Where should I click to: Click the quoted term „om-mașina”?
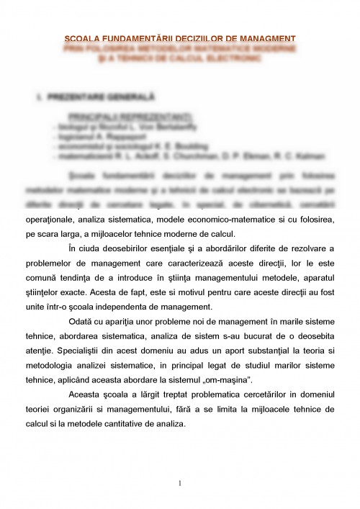(233, 376)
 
